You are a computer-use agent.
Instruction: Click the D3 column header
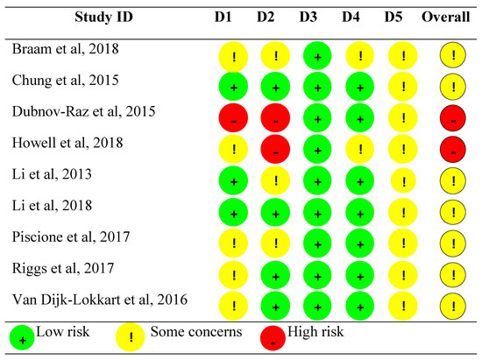click(308, 17)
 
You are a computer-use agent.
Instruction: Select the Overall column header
click(445, 17)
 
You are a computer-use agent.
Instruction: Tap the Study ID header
click(103, 17)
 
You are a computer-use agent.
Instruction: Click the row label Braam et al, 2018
click(65, 49)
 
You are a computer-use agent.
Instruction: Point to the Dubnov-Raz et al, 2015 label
click(83, 111)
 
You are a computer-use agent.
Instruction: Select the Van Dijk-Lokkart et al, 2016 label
click(100, 300)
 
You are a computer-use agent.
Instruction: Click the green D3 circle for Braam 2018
click(317, 56)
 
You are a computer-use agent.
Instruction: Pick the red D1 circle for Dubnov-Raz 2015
click(233, 118)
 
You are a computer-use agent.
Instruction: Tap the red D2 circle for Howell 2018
click(275, 149)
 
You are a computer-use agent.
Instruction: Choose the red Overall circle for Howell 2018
click(453, 150)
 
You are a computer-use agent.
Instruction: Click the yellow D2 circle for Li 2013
click(275, 181)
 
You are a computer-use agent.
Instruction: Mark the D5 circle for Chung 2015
click(403, 87)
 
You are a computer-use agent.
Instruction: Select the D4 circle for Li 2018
click(360, 213)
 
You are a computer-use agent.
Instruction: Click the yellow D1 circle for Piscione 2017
click(233, 244)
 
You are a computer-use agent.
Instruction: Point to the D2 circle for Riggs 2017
click(275, 275)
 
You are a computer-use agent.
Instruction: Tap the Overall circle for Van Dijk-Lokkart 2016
click(453, 306)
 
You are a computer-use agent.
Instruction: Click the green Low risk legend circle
click(22, 338)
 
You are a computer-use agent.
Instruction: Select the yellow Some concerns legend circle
click(130, 337)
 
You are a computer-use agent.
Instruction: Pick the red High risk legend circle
click(273, 338)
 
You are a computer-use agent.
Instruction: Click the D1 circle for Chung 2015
click(233, 87)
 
